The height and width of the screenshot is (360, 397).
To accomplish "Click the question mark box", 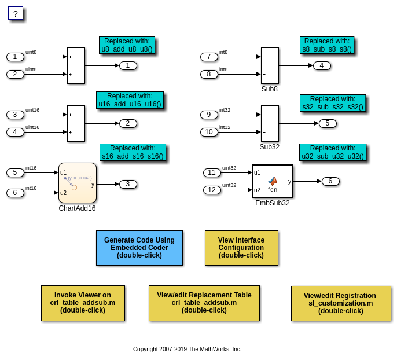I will coord(16,13).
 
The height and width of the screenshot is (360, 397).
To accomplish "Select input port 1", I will coord(15,57).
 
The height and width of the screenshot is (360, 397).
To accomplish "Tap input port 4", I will coord(15,132).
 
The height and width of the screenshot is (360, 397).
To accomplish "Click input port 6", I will coord(15,193).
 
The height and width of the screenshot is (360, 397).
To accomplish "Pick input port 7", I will coord(209,57).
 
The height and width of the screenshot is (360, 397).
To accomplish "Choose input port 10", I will coord(209,132).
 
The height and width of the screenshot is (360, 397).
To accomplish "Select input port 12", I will coord(212,190).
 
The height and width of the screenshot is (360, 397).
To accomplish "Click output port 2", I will coord(128,123).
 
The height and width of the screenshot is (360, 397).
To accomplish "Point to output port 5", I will coord(328,123).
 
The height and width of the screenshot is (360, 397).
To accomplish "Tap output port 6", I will coord(330,181).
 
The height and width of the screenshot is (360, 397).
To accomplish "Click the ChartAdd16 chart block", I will coord(78,183).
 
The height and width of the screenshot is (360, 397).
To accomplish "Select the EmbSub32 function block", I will coord(272,181).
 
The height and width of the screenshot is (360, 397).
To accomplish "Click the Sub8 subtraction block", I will coord(270,65).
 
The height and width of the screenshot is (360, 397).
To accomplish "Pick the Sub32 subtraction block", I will coord(270,123).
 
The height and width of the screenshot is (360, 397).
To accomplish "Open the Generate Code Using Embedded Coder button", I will coord(139,248).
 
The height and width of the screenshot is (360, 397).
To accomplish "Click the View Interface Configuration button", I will coord(241,248).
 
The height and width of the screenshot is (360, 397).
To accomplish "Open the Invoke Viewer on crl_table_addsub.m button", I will coord(83,303).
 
